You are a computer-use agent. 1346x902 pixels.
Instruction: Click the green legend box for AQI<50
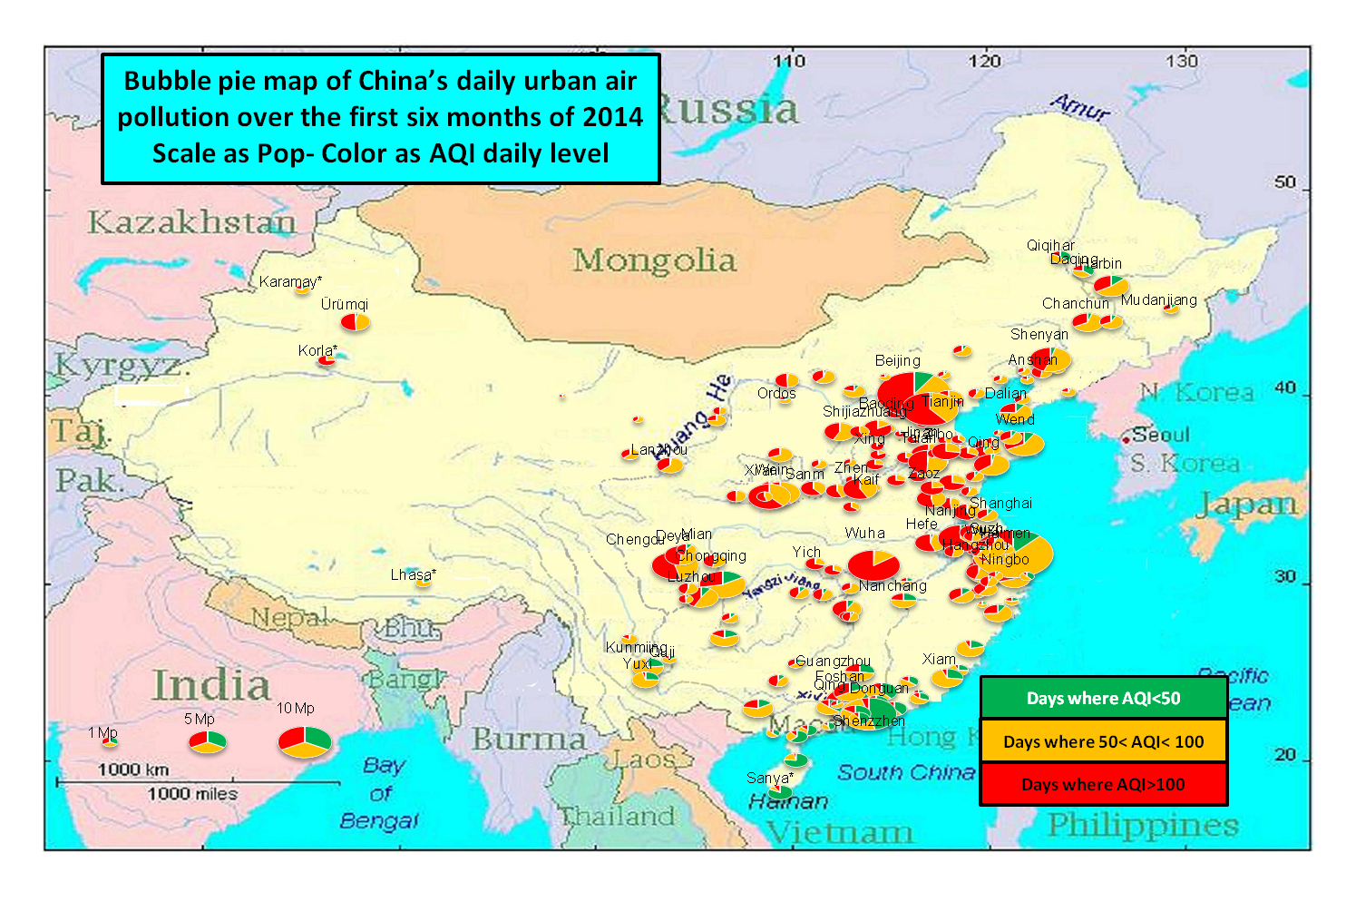click(1103, 698)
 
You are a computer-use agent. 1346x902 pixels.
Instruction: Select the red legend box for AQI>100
click(1103, 784)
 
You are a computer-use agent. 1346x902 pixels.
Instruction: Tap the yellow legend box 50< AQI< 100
click(1103, 741)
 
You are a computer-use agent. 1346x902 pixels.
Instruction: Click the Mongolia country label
click(654, 260)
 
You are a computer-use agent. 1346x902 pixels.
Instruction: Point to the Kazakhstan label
click(191, 221)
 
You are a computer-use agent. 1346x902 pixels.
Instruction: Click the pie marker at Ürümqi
click(356, 322)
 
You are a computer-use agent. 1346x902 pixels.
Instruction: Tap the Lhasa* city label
click(413, 574)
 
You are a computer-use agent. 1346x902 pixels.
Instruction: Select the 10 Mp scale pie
click(305, 741)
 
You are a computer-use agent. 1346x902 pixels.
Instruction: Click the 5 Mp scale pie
click(207, 742)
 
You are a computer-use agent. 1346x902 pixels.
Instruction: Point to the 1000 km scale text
click(133, 770)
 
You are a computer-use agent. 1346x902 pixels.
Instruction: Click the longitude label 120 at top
click(984, 61)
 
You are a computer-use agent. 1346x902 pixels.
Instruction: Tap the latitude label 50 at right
click(1284, 181)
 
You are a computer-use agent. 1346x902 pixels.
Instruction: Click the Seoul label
click(1160, 435)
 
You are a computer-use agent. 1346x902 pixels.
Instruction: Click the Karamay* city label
click(290, 281)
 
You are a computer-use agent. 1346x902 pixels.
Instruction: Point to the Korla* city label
click(317, 350)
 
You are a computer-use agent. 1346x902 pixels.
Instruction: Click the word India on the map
click(210, 685)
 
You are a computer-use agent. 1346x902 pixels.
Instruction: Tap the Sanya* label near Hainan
click(769, 778)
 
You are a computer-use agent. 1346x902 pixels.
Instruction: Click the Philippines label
click(1142, 825)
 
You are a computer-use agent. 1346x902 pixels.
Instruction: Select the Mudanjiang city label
click(1158, 299)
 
